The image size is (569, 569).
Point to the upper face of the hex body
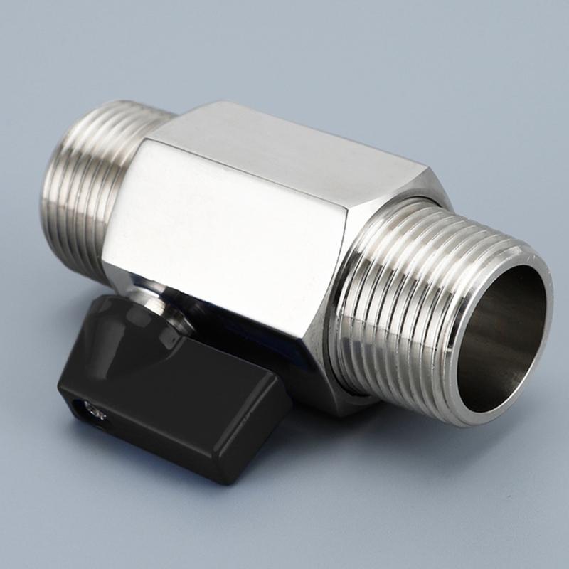tap(284, 149)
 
